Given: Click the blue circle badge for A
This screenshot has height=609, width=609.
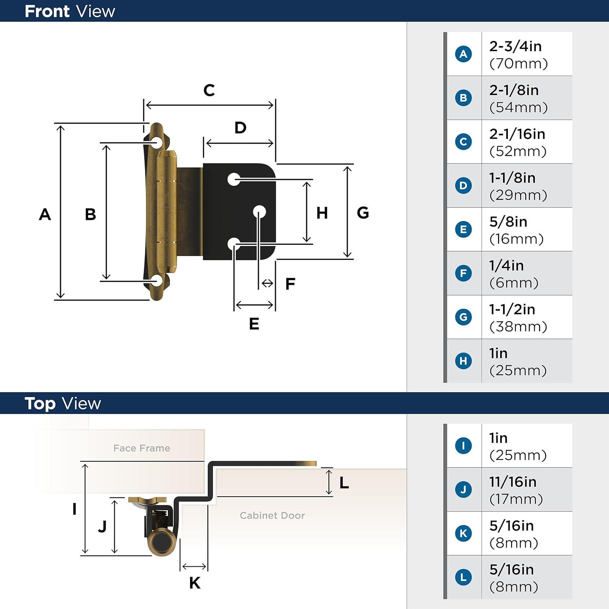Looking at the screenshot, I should (463, 54).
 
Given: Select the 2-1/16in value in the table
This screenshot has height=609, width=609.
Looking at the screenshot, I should (517, 134).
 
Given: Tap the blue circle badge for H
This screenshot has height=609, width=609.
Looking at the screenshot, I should (463, 361).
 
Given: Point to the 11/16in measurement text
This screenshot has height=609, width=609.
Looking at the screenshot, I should (512, 482).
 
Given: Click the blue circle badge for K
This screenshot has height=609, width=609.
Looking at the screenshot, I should (463, 533).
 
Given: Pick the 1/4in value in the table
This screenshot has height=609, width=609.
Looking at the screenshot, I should (506, 266).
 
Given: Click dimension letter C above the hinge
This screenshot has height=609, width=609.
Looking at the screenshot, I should (209, 90).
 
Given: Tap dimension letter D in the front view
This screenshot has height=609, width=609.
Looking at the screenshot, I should (240, 128).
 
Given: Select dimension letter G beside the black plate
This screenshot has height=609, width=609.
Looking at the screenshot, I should (363, 213).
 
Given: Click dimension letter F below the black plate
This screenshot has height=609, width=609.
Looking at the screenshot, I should (290, 284).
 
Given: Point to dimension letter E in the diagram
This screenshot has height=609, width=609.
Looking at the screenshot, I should (254, 324).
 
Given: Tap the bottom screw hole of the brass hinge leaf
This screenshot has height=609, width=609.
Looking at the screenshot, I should (157, 281).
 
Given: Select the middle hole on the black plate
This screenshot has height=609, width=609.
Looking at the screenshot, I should (259, 212).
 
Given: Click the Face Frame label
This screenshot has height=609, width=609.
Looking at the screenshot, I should (142, 448).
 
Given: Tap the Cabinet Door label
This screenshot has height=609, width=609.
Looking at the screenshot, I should (272, 516).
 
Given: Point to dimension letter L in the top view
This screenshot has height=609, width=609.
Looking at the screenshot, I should (344, 483).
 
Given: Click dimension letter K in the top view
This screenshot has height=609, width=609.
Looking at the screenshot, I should (194, 583).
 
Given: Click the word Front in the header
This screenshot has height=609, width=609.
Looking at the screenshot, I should (47, 11).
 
